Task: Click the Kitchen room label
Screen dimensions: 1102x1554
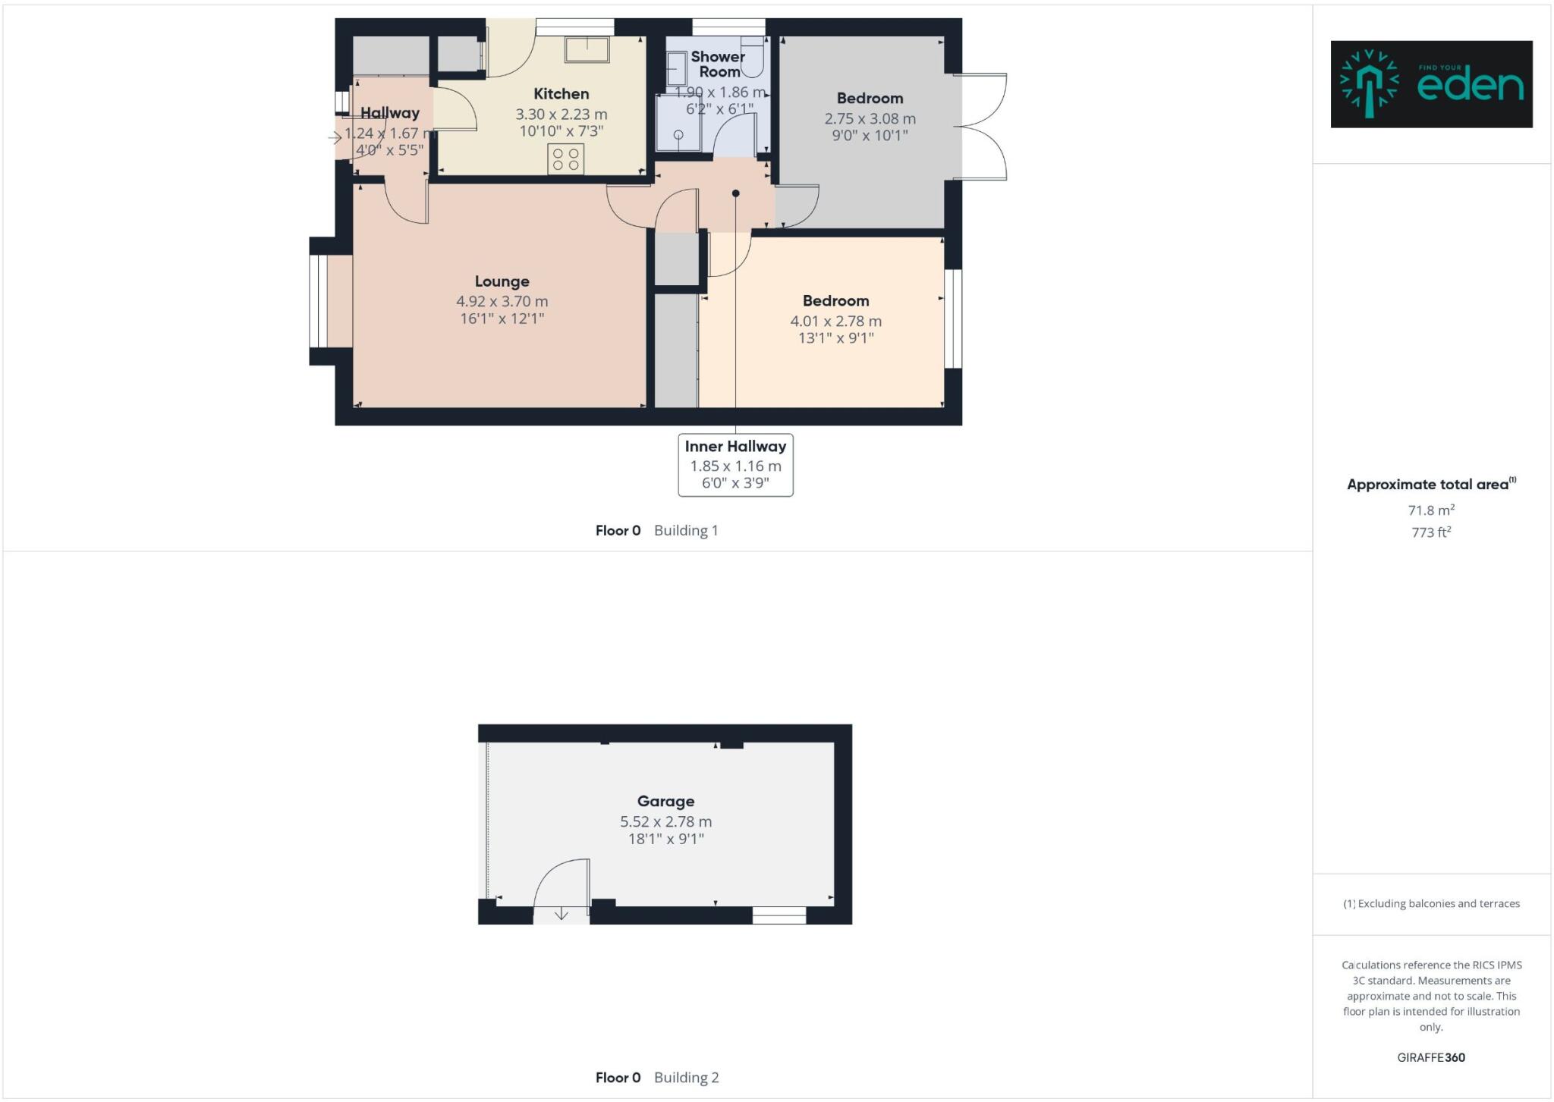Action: click(561, 94)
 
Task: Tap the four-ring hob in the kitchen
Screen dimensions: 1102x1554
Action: click(565, 159)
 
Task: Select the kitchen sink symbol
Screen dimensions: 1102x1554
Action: click(587, 49)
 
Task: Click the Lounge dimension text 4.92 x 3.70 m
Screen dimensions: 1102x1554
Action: click(502, 301)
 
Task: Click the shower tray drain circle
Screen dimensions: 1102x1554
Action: click(678, 135)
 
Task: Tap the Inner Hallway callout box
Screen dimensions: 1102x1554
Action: click(735, 465)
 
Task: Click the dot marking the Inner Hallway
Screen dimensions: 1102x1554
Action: click(735, 193)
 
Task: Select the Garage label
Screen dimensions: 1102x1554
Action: click(665, 801)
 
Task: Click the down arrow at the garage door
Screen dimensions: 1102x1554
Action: click(561, 914)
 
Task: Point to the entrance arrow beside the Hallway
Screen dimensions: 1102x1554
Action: click(335, 138)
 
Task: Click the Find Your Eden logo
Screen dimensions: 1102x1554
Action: click(1431, 84)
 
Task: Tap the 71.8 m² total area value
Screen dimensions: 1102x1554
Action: click(1431, 510)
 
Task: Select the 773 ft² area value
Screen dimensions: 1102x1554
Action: click(1431, 532)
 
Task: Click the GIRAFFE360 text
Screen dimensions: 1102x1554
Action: click(1431, 1057)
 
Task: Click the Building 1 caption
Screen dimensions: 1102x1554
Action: click(686, 530)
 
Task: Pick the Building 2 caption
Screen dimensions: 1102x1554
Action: click(686, 1077)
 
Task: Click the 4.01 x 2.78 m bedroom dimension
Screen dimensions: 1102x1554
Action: click(835, 321)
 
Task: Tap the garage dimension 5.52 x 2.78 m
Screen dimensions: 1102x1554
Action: click(665, 821)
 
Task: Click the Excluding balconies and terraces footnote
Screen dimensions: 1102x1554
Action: click(1431, 903)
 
